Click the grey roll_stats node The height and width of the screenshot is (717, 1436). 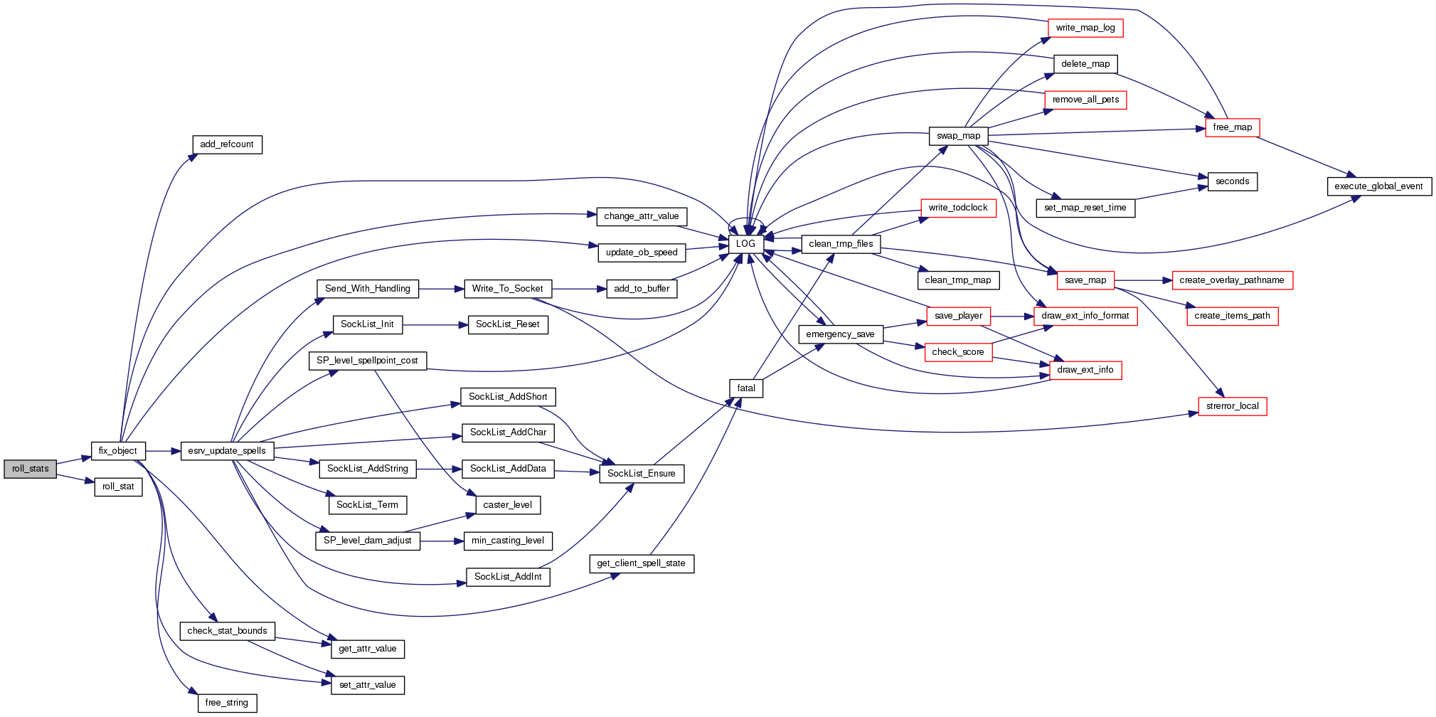coord(30,469)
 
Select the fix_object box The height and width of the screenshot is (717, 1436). coord(118,451)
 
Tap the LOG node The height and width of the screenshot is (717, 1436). coord(745,244)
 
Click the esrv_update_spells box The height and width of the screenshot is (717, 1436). coord(227,451)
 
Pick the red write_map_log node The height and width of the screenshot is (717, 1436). coord(1085,28)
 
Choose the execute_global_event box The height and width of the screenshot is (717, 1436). coord(1378,186)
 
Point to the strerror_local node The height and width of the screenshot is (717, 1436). coord(1232,406)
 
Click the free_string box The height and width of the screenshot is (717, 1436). coord(227,703)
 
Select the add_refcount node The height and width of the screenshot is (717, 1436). coord(227,144)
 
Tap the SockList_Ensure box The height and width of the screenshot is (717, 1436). coord(641,474)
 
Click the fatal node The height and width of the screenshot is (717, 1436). coord(746,388)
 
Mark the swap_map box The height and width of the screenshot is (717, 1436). coord(958,136)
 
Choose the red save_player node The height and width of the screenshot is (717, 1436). coord(958,316)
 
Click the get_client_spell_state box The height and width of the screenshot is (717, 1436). coord(641,563)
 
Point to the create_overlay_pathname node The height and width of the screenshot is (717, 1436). coord(1231,280)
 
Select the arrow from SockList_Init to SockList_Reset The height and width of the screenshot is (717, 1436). coord(435,325)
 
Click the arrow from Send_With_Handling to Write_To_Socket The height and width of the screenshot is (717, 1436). coord(441,289)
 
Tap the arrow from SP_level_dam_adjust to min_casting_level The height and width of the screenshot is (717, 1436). coord(441,541)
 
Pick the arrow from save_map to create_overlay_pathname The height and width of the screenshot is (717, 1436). coord(1142,280)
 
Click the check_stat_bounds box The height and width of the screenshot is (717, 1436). coord(227,631)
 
